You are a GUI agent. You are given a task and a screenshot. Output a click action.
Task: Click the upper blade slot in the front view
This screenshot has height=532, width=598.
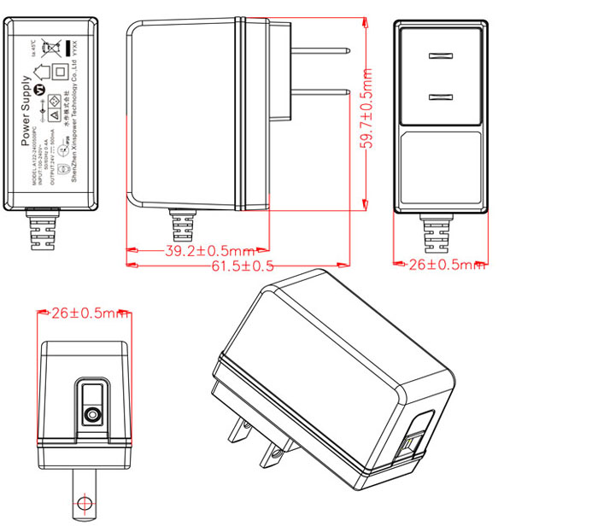pos(438,58)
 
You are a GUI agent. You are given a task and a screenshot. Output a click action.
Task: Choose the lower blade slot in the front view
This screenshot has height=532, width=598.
pos(438,96)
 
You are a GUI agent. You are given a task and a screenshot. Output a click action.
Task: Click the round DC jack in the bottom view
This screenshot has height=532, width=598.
pos(91,416)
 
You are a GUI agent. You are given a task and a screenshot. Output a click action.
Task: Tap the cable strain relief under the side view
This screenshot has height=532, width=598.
pos(182,225)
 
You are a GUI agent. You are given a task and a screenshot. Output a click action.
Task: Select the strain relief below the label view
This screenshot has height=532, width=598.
pos(44,228)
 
